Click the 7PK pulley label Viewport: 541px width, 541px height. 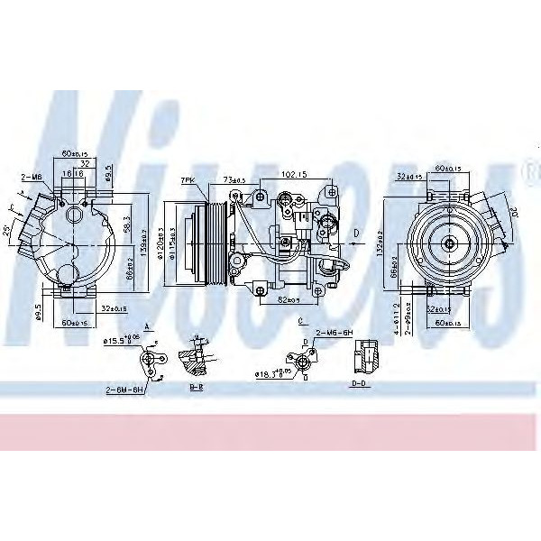188,180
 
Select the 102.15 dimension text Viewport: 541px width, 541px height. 291,175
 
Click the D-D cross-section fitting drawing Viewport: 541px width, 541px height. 365,357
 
